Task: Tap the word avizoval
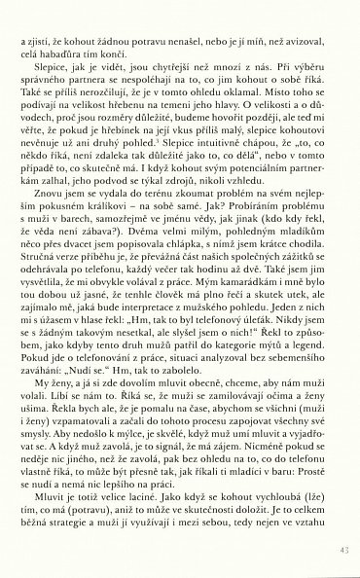(296, 44)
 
